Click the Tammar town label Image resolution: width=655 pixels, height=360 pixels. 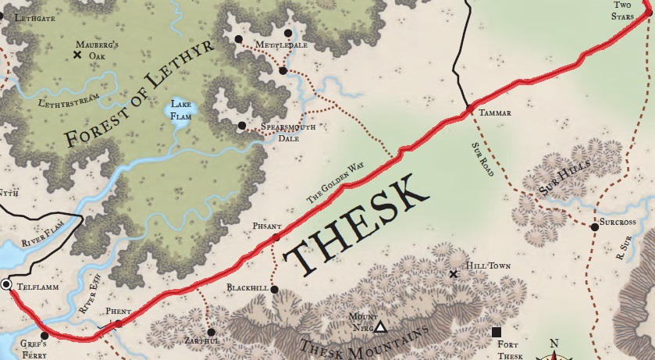click(x=496, y=113)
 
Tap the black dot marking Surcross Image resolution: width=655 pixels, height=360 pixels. click(x=594, y=226)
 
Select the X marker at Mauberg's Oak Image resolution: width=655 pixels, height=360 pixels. click(x=77, y=55)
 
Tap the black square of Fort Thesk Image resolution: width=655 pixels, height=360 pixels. click(x=497, y=333)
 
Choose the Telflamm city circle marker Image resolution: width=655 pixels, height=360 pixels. click(x=7, y=285)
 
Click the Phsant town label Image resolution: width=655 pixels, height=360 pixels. click(x=266, y=226)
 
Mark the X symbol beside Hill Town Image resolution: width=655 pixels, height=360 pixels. click(x=454, y=274)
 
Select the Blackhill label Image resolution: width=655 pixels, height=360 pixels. click(x=248, y=288)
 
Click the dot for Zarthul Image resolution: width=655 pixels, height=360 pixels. click(x=211, y=331)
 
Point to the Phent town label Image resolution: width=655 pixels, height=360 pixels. click(x=116, y=312)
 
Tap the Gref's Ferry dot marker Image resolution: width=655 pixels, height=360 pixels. click(x=44, y=336)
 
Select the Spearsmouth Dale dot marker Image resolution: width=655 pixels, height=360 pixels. click(x=242, y=125)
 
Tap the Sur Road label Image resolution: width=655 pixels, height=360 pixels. click(x=483, y=160)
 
